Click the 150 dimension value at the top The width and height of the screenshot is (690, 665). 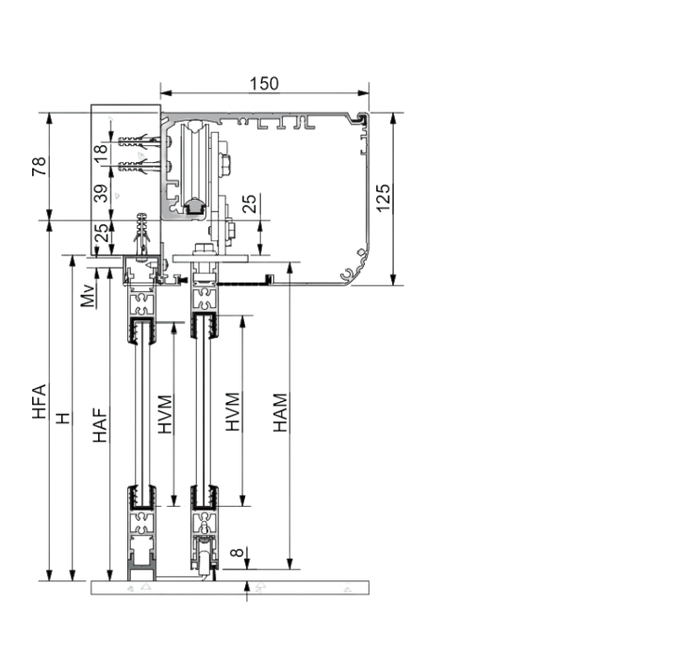(264, 83)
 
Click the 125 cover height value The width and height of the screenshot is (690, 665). (383, 198)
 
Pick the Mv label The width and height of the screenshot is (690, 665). (88, 296)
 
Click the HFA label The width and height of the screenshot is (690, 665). (40, 400)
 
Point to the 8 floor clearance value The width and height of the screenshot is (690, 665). (237, 554)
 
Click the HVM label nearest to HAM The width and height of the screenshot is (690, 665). (233, 413)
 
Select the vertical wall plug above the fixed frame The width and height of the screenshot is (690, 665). (141, 234)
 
